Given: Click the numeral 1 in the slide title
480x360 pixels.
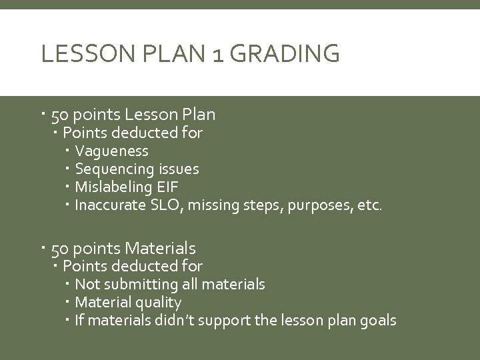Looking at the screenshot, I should (x=218, y=53).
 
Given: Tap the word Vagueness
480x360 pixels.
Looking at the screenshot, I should (x=111, y=151).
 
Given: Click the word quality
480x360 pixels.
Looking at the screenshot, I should (x=158, y=303).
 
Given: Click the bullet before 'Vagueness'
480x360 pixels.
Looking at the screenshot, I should (x=69, y=151).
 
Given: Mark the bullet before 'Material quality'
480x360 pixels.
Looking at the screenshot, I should (x=69, y=303).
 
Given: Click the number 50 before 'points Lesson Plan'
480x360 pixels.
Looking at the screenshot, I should (x=60, y=115).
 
